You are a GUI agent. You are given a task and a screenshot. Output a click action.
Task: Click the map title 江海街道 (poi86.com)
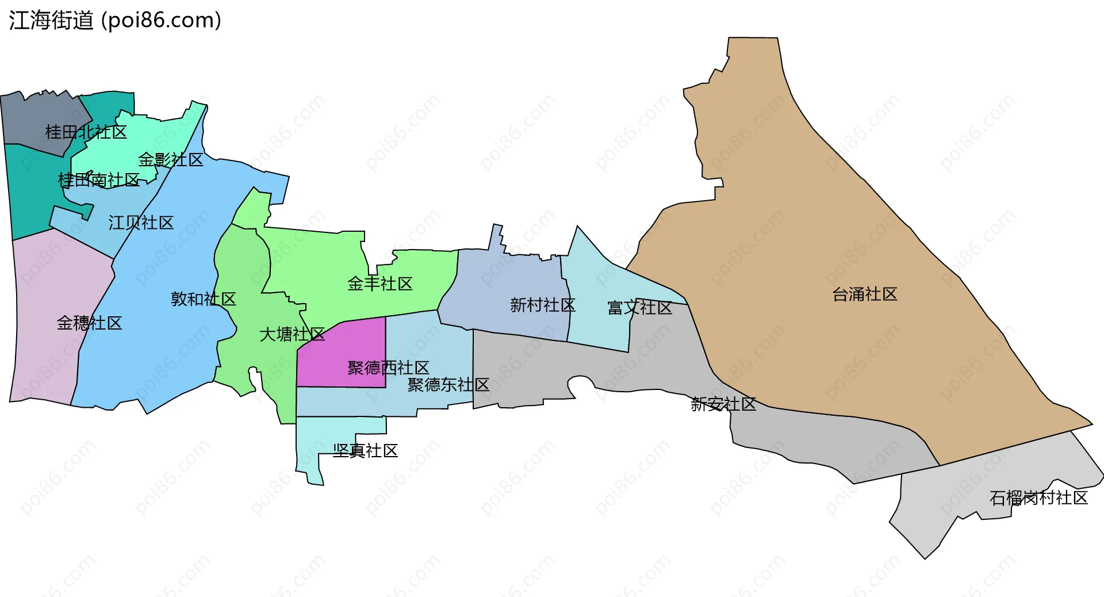point(115,21)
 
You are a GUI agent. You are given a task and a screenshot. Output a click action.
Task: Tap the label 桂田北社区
point(86,132)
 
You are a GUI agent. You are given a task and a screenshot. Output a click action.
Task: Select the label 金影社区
point(171,160)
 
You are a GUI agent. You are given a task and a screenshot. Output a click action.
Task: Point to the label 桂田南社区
point(99,181)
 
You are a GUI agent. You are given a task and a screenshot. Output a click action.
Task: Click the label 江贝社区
point(141,223)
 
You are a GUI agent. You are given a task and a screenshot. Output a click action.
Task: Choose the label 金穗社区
point(89,323)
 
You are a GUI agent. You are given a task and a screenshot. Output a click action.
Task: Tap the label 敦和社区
point(204,299)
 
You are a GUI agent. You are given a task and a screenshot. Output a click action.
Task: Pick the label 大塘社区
point(292,334)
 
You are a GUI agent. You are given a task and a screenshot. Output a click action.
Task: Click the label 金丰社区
point(380,284)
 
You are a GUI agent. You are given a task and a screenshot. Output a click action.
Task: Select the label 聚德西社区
point(388,368)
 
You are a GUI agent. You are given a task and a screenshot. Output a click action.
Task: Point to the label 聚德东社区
point(448,385)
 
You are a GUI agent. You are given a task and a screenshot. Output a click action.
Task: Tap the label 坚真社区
point(365,451)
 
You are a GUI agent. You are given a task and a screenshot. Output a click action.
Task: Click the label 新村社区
point(543,305)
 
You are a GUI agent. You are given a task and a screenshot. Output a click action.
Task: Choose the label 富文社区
point(640,308)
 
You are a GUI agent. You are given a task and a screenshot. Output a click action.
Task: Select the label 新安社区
point(723,404)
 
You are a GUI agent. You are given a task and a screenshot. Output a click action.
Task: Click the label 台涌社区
point(865,294)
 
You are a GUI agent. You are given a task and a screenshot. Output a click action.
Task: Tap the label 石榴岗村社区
point(1038,498)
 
